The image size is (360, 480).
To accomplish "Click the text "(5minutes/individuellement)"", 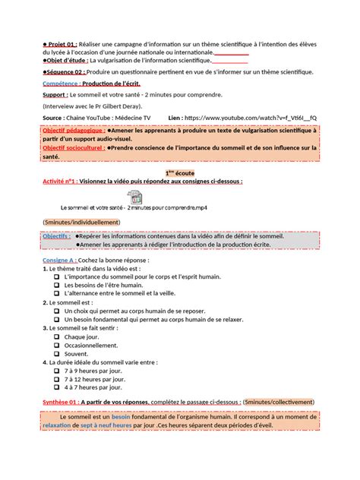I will tap(81, 222).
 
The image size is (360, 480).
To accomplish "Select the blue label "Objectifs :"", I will tap(57, 236).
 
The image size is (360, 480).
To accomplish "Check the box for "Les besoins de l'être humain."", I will tap(56, 285).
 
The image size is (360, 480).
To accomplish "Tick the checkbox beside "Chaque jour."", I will tap(56, 336).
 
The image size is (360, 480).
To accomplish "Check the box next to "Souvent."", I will tap(56, 353).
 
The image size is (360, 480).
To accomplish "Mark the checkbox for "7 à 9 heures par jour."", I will tap(56, 371).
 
